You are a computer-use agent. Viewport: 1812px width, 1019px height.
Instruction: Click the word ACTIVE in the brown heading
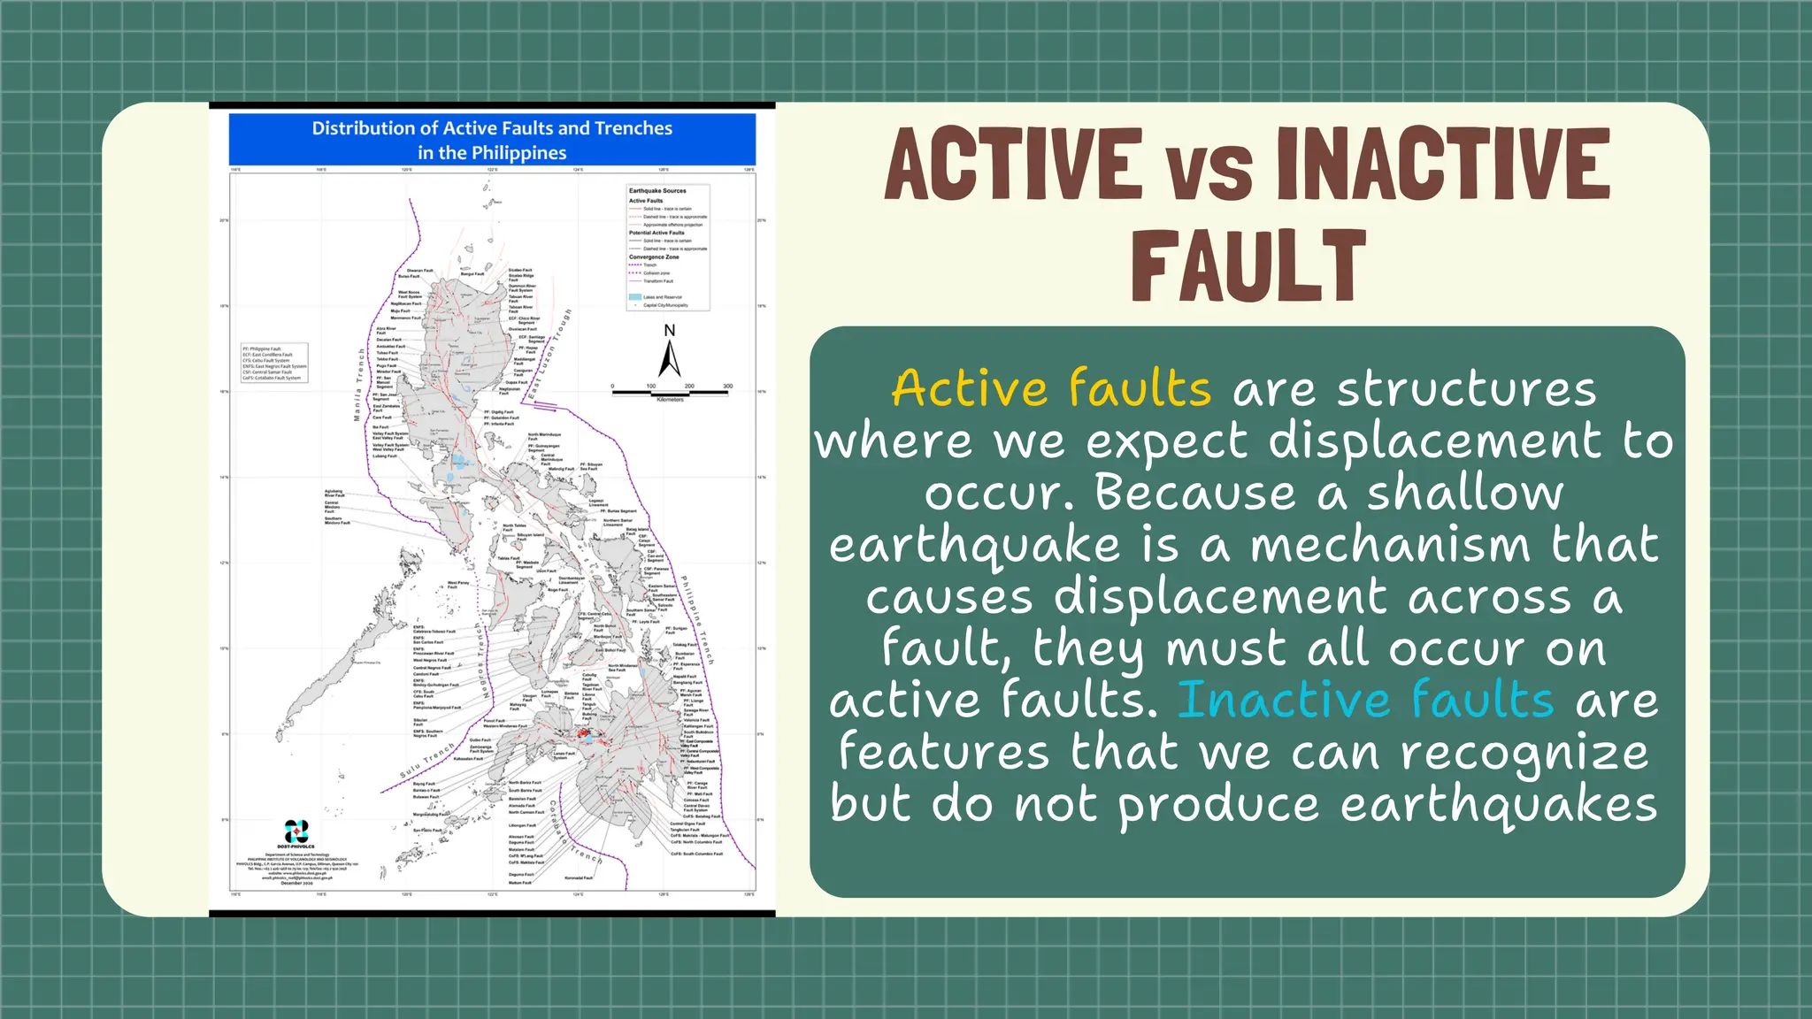tap(1013, 165)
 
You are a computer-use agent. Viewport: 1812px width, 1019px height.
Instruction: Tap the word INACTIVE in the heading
tap(1443, 165)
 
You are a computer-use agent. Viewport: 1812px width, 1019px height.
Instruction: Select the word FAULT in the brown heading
tap(1248, 266)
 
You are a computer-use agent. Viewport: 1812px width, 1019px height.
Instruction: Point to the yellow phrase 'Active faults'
tap(1051, 389)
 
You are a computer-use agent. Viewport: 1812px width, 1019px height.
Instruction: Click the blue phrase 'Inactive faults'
tap(1365, 700)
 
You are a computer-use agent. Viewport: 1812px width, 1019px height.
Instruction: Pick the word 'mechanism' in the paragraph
tap(1390, 545)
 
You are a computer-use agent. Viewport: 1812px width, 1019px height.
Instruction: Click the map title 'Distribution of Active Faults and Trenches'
tap(492, 128)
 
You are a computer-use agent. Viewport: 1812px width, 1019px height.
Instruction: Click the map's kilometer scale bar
tap(671, 391)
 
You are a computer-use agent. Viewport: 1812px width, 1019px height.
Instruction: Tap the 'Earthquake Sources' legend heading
tap(657, 191)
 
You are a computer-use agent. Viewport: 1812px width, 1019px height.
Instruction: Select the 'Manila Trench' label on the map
tap(359, 384)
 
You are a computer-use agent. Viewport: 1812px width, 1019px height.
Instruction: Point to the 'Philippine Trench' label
tap(696, 619)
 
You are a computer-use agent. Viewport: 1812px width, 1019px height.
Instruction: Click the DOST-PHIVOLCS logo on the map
tap(296, 832)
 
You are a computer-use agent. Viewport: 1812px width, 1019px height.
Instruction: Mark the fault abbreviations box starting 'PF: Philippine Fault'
tap(274, 363)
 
